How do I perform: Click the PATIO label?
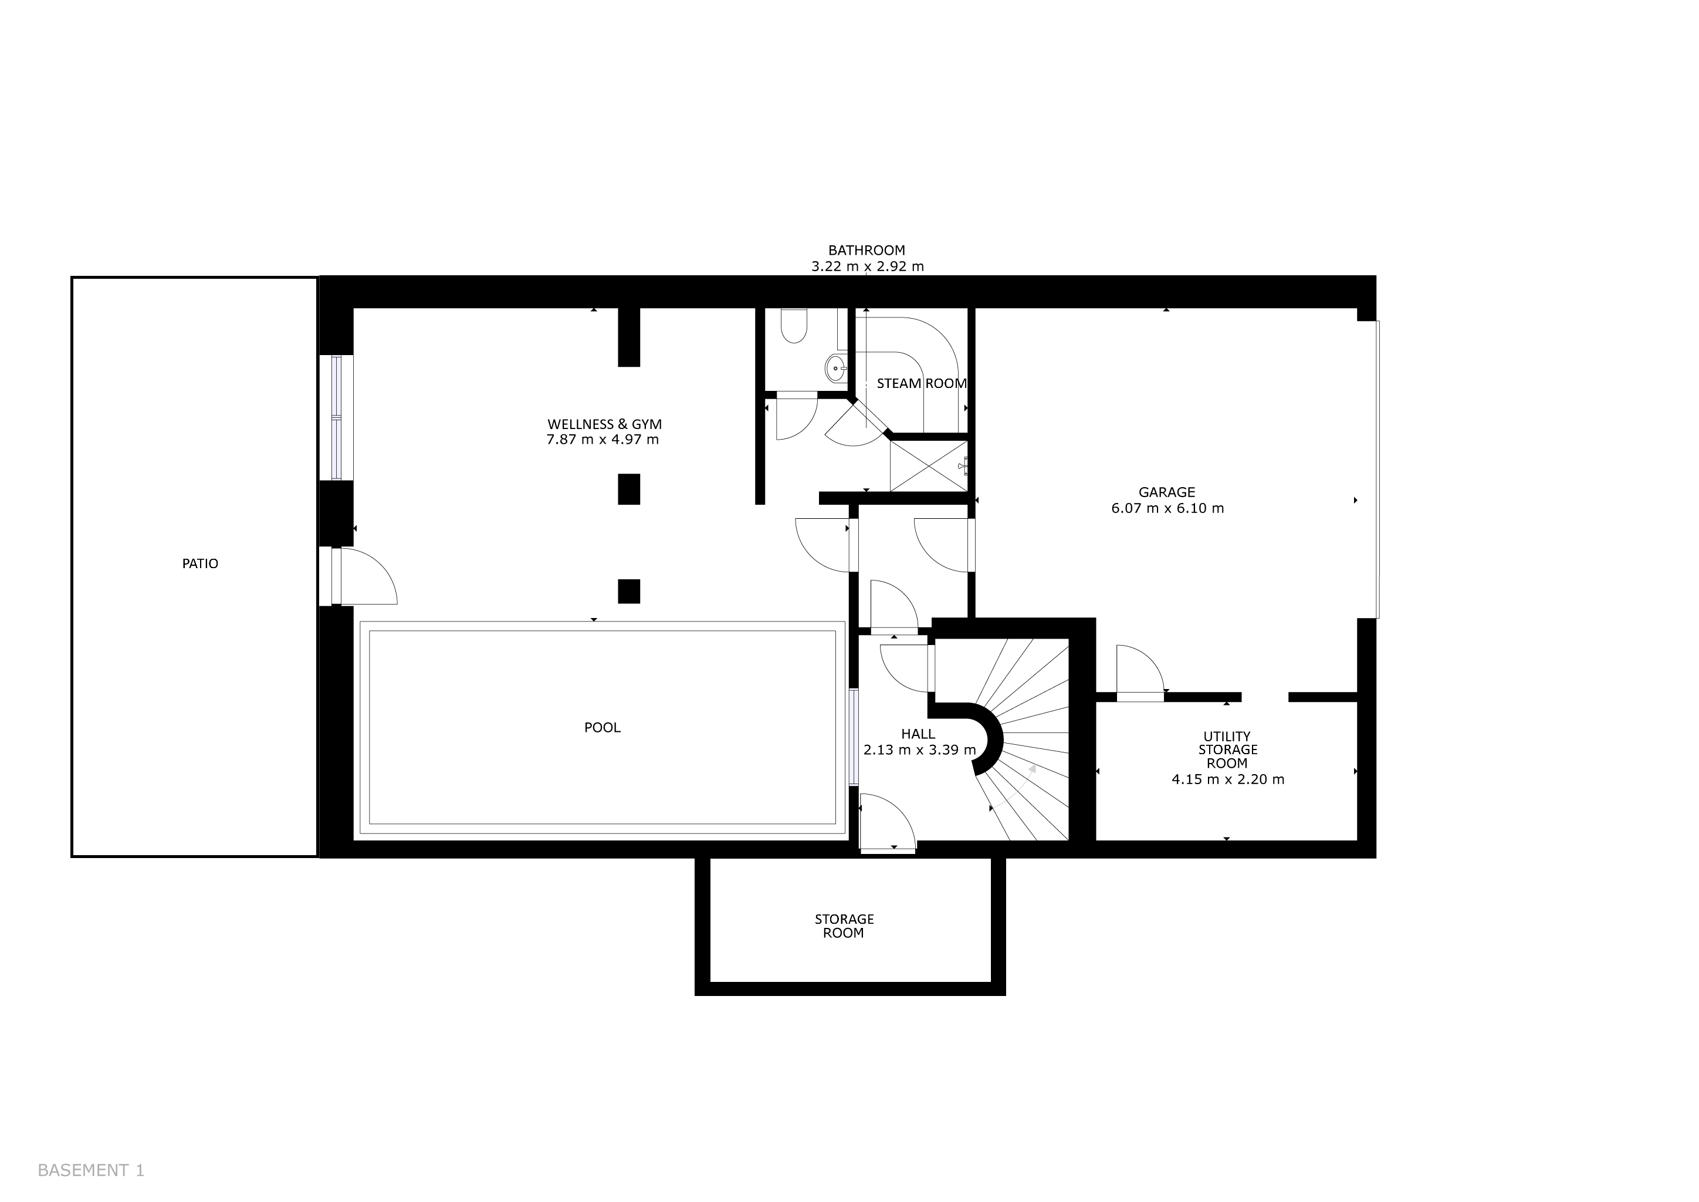click(200, 564)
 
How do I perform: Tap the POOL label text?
click(603, 728)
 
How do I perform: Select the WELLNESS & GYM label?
click(605, 424)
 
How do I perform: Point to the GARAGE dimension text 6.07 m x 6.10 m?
click(1167, 508)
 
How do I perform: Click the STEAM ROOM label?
click(921, 383)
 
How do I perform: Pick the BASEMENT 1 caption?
click(91, 1170)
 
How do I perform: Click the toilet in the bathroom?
click(794, 326)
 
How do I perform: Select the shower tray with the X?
click(928, 465)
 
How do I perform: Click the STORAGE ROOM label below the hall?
click(844, 926)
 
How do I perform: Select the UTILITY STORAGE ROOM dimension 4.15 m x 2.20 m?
click(1228, 779)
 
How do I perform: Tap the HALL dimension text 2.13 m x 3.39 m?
click(919, 749)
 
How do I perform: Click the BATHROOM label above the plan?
click(867, 251)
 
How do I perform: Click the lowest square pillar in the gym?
click(629, 592)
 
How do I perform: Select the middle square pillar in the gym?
click(629, 489)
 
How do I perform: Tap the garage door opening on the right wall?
click(1377, 470)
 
